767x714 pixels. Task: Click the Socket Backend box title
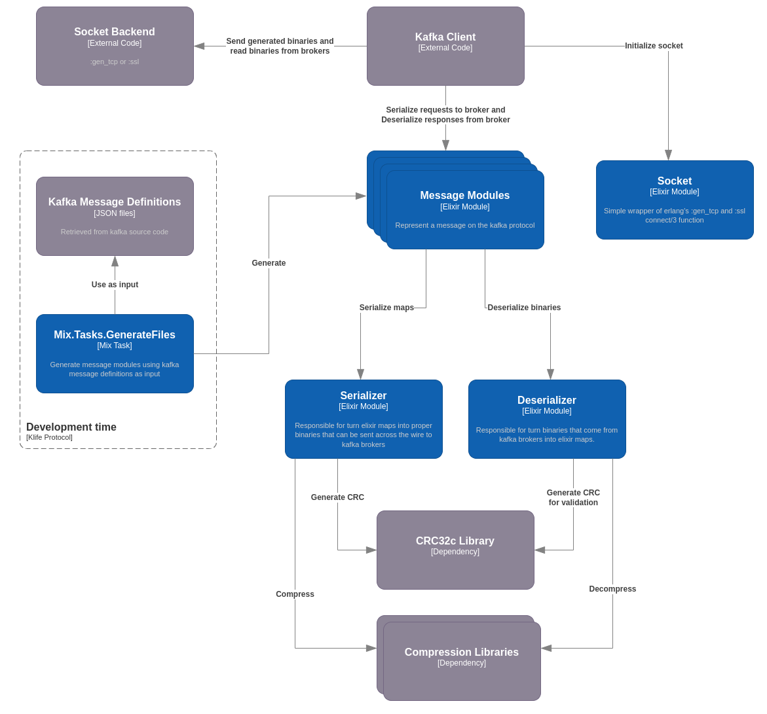point(115,32)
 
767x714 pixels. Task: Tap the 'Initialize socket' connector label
point(653,46)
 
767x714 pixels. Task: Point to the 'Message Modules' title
point(464,196)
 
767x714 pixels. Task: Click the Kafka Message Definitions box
point(115,216)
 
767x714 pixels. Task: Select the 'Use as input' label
point(115,285)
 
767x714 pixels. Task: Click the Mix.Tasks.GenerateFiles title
point(115,335)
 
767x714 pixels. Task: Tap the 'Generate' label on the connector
point(269,263)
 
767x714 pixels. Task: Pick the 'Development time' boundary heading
point(71,427)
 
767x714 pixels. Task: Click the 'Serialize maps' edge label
point(386,308)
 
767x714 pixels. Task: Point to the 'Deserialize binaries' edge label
point(524,308)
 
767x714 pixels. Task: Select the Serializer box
point(364,419)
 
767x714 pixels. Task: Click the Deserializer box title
point(547,401)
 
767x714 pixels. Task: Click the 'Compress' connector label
point(295,594)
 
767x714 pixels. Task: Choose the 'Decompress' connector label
point(612,589)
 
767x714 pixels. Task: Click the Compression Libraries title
point(461,652)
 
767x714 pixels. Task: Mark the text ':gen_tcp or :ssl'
point(115,62)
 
